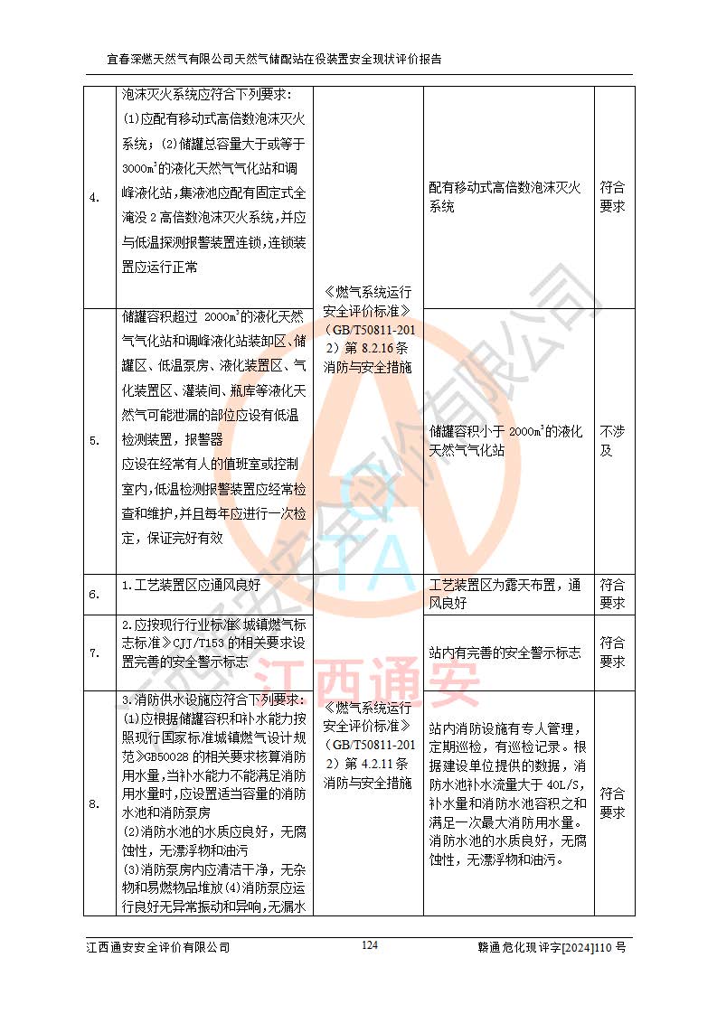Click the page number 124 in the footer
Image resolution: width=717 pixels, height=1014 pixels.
pos(369,945)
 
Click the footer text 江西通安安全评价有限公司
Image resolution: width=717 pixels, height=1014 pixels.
pos(158,947)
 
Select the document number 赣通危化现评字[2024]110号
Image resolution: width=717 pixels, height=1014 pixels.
pos(552,947)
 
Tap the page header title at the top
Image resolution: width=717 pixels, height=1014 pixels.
pos(275,60)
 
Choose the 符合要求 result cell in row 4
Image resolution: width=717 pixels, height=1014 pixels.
pos(612,197)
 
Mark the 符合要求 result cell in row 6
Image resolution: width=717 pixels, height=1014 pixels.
pos(612,594)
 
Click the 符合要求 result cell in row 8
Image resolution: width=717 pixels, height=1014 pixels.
pos(612,803)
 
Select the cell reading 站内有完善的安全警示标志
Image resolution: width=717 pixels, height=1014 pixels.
pos(505,653)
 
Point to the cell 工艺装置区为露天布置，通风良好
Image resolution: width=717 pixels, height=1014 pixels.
pos(505,594)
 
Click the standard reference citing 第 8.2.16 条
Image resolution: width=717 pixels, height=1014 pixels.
pos(367,330)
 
